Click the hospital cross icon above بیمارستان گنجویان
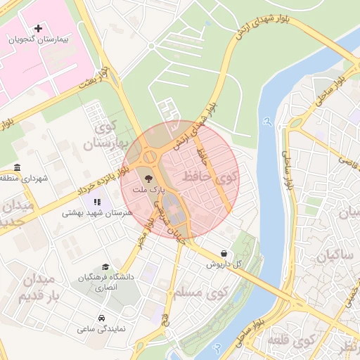click(x=38, y=27)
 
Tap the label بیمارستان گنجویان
click(x=38, y=40)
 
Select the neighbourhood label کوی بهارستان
click(x=107, y=136)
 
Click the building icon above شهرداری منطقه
click(x=16, y=167)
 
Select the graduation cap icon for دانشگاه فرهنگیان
click(x=105, y=267)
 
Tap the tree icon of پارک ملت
click(x=148, y=179)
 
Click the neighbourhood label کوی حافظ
click(x=210, y=177)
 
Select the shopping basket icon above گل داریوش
click(x=224, y=253)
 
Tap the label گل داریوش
click(x=224, y=264)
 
